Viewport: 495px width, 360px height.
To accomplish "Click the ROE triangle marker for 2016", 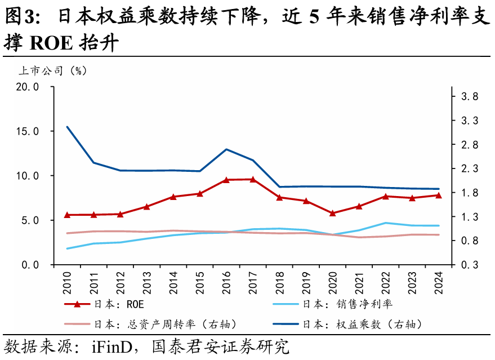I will point(226,180).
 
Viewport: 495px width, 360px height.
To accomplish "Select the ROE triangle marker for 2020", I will point(332,213).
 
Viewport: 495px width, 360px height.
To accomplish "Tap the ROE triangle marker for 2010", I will point(67,215).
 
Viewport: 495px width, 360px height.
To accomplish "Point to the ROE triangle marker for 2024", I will point(439,195).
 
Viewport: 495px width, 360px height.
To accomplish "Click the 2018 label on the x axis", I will point(280,280).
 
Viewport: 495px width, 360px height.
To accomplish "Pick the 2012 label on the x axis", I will point(121,280).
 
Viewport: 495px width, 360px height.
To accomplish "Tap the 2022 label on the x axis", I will point(386,280).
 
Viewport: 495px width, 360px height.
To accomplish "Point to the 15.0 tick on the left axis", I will point(26,131).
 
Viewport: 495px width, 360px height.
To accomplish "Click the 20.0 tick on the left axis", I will point(26,87).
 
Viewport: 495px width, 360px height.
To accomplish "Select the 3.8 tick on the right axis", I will point(470,97).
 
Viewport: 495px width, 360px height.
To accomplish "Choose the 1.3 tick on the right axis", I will point(470,217).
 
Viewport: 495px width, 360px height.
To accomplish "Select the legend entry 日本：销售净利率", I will point(347,304).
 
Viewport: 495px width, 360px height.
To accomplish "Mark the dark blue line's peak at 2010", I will point(67,127).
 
